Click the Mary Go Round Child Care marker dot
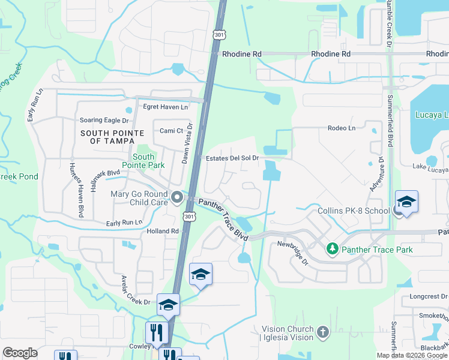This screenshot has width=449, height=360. click(176, 197)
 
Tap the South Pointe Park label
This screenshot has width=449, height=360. click(143, 161)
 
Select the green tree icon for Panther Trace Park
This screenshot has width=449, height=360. click(331, 248)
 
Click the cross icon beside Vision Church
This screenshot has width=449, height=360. click(323, 332)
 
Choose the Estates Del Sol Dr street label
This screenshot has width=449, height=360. click(232, 158)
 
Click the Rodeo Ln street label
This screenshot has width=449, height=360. click(342, 128)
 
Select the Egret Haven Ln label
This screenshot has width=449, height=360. click(165, 107)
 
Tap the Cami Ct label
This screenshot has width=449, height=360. click(171, 131)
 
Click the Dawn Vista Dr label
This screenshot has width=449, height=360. click(187, 143)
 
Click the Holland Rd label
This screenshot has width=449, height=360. click(163, 231)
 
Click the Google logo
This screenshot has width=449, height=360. click(20, 353)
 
